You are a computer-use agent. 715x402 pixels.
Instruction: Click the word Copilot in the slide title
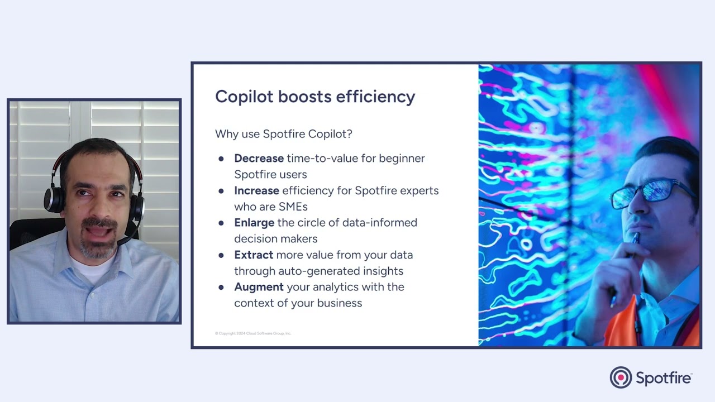pyautogui.click(x=244, y=97)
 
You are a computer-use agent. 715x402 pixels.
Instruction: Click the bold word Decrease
pyautogui.click(x=259, y=159)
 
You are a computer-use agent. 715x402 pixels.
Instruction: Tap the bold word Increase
pyautogui.click(x=256, y=190)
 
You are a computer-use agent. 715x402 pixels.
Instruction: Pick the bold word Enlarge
pyautogui.click(x=254, y=223)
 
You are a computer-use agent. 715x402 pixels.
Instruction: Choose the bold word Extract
pyautogui.click(x=254, y=255)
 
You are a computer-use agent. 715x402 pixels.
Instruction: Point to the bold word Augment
pyautogui.click(x=259, y=287)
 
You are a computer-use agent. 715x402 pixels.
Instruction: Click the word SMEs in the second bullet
pyautogui.click(x=293, y=207)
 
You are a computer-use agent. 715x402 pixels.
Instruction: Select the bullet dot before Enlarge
pyautogui.click(x=221, y=223)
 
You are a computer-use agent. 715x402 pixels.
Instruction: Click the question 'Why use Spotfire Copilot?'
pyautogui.click(x=283, y=134)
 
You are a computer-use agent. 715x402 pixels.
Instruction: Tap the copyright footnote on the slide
pyautogui.click(x=253, y=333)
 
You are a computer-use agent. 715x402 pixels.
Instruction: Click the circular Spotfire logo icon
pyautogui.click(x=621, y=377)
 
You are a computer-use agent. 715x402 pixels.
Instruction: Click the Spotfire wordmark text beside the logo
pyautogui.click(x=664, y=378)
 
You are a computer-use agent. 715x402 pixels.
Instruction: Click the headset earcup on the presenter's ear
pyautogui.click(x=54, y=198)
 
